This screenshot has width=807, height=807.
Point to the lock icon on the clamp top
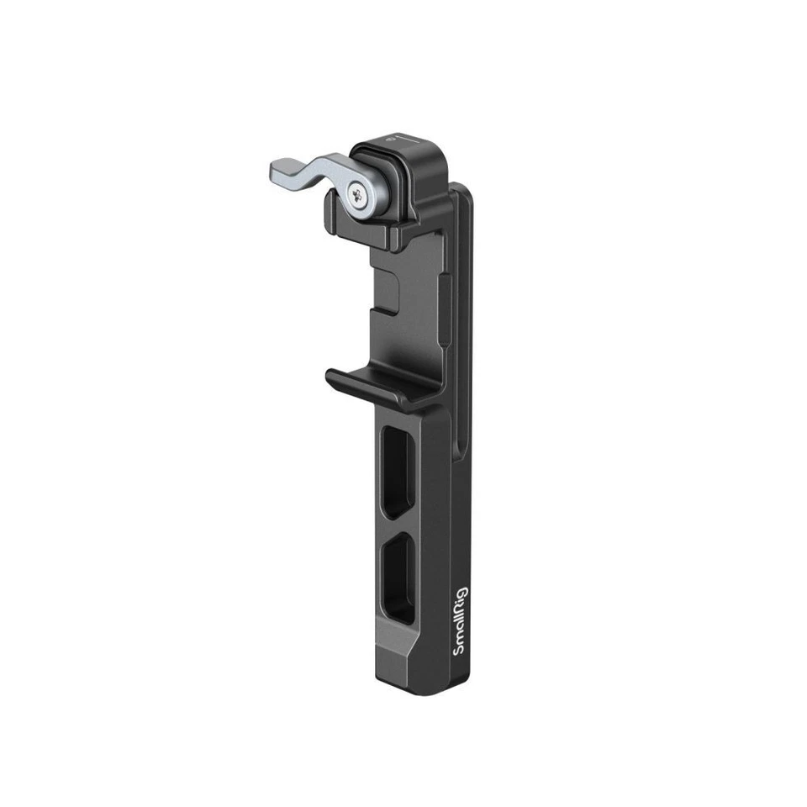point(389,140)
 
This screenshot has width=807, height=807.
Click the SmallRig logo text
point(460,623)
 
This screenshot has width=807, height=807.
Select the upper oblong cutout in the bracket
point(398,470)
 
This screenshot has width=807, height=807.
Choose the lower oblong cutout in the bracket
point(398,580)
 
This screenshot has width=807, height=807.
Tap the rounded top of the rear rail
point(461,190)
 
